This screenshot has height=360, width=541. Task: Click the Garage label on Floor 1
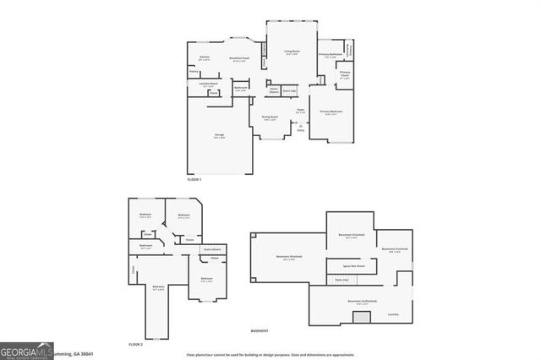click(220, 135)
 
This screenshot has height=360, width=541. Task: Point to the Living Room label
click(292, 52)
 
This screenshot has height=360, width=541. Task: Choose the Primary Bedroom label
click(331, 112)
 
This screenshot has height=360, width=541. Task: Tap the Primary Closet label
click(345, 74)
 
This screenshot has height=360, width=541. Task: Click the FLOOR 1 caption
click(194, 180)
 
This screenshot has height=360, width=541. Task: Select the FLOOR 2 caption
click(135, 345)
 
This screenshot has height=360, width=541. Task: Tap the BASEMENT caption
click(260, 330)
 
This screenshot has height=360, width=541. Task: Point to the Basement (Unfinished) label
click(361, 300)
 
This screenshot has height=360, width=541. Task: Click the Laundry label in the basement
click(393, 314)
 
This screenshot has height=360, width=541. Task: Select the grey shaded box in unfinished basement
click(361, 318)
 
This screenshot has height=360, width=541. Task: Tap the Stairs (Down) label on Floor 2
click(212, 248)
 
